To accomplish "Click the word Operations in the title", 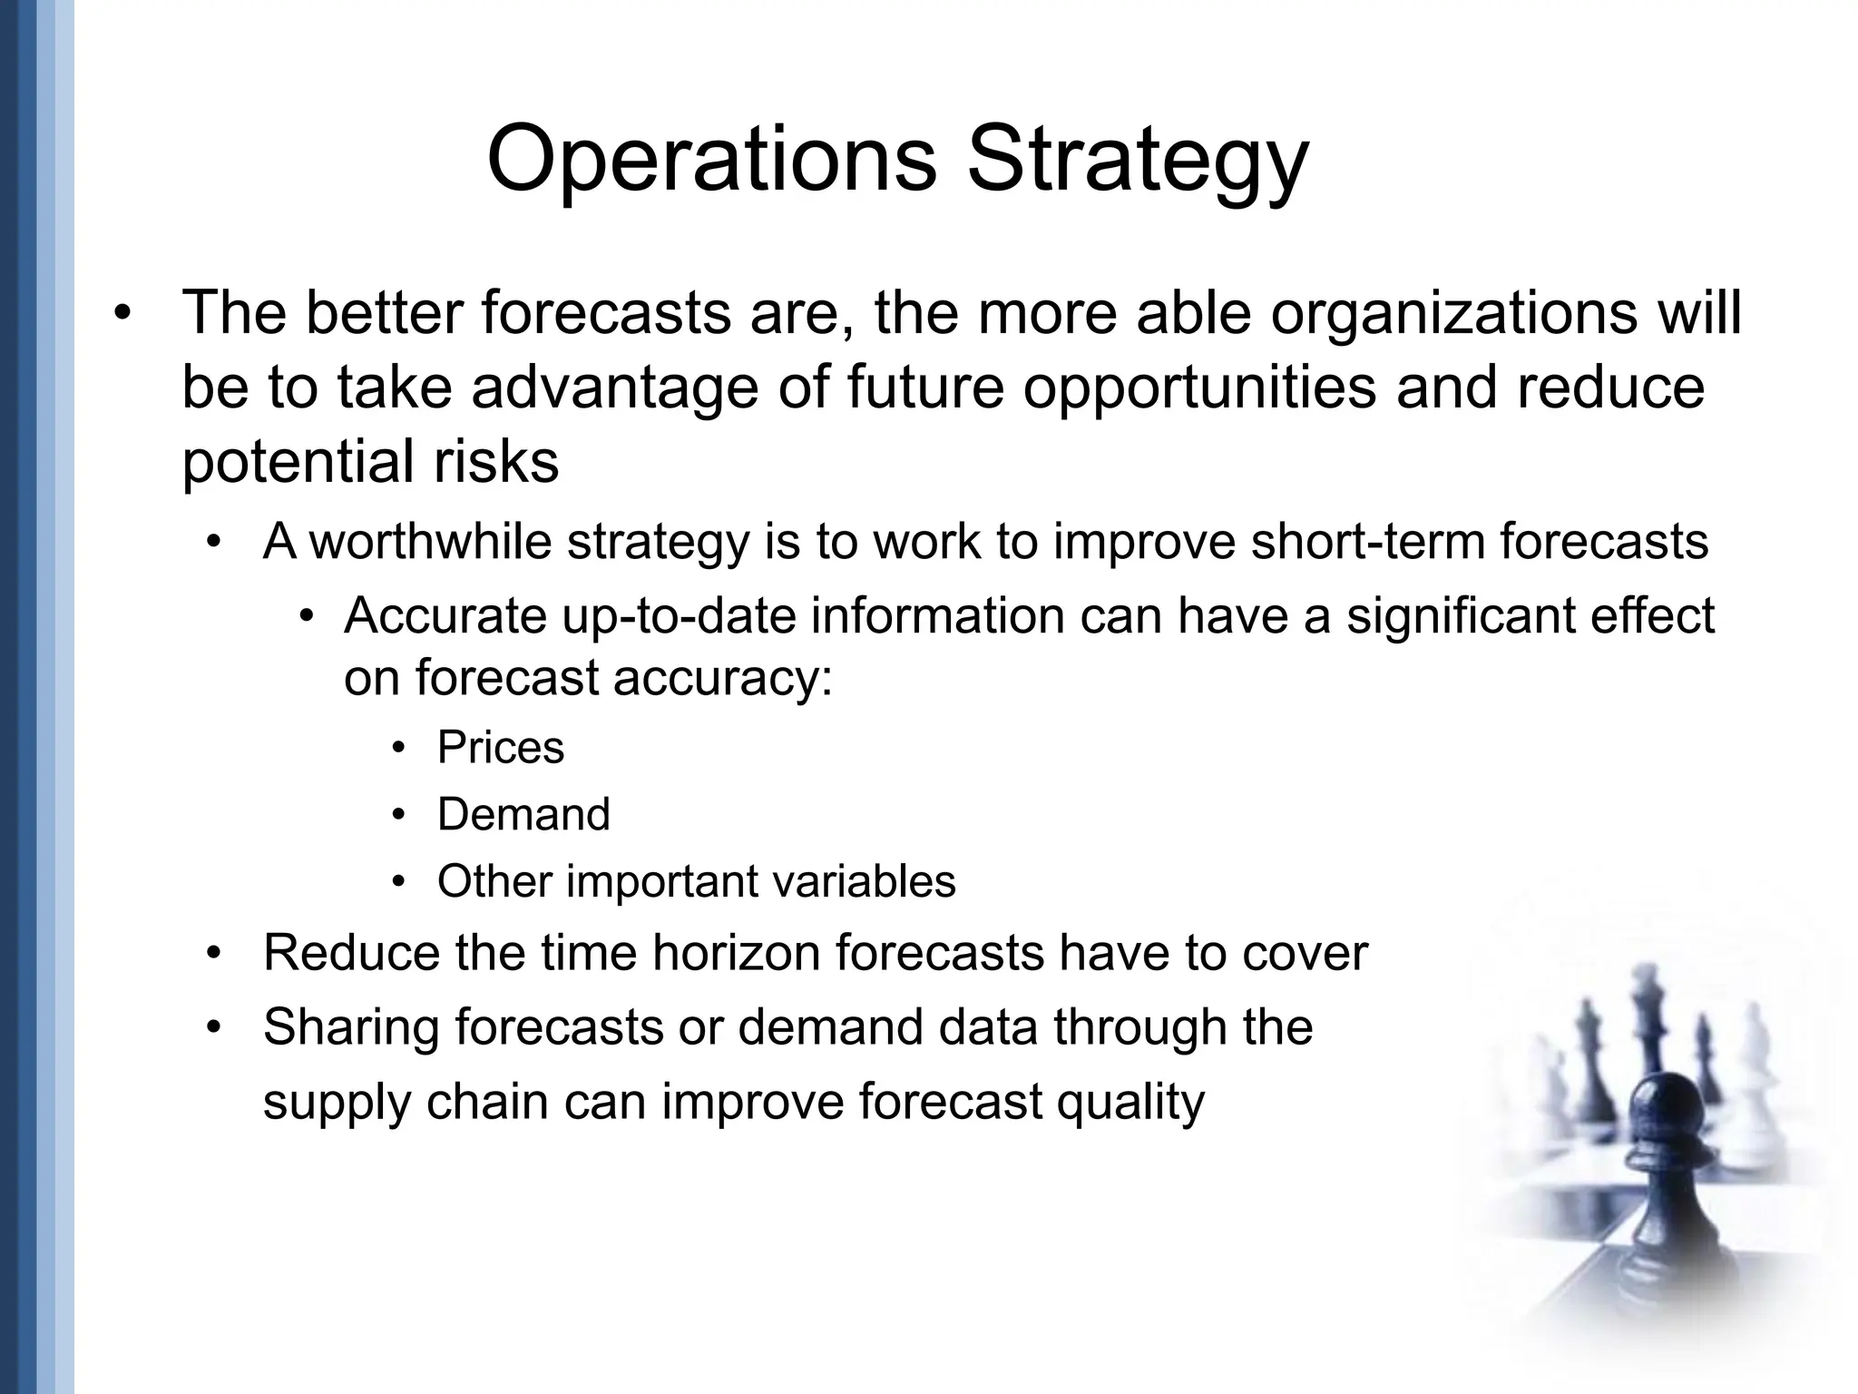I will pyautogui.click(x=711, y=161).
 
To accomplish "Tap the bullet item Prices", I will pyautogui.click(x=500, y=748).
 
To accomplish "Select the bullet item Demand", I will pyautogui.click(x=523, y=814).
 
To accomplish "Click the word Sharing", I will pyautogui.click(x=351, y=1027).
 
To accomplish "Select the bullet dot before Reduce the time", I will pyautogui.click(x=214, y=954).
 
